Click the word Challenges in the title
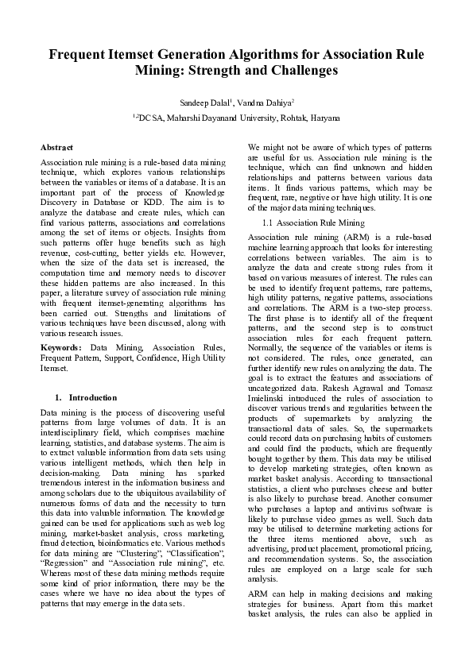tap(300, 71)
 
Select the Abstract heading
tap(56, 148)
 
